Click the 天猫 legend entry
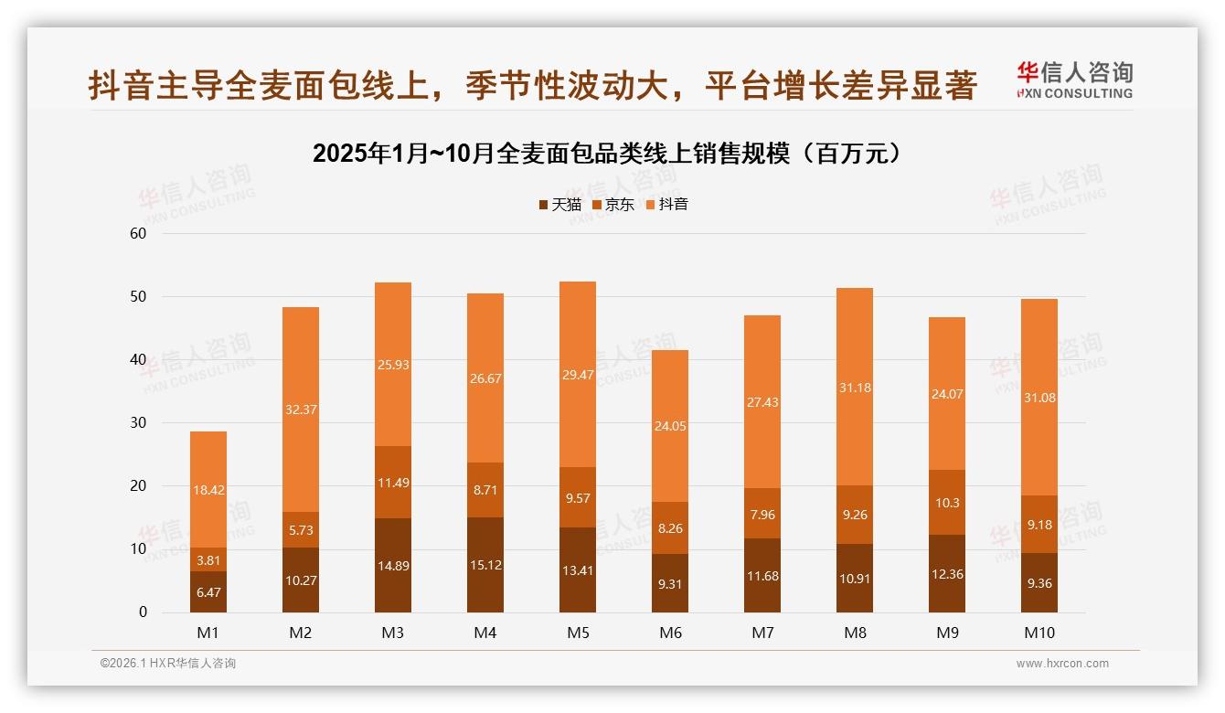[559, 205]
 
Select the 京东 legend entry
[613, 205]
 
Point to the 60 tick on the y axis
[138, 233]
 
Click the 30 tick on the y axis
[138, 423]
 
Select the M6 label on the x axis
[670, 633]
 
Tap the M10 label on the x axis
[1039, 633]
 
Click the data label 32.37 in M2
[301, 410]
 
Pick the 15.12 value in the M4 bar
[485, 565]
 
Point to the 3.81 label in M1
[208, 560]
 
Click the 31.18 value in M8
[855, 388]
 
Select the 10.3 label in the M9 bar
[947, 503]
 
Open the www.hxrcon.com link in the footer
[1062, 664]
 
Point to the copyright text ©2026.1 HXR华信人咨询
[168, 664]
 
